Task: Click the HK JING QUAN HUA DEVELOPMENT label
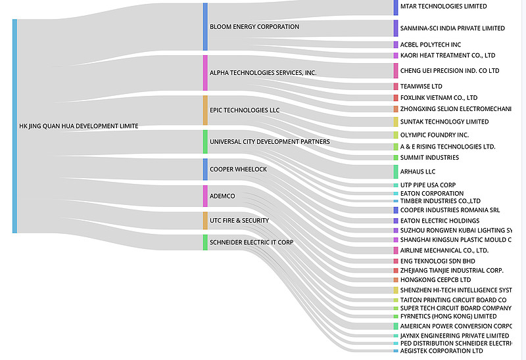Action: click(x=79, y=126)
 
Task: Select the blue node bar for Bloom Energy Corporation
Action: click(x=205, y=27)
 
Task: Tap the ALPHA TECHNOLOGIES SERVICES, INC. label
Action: click(x=262, y=72)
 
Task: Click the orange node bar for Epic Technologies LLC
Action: click(x=205, y=110)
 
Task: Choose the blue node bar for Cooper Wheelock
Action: click(x=205, y=169)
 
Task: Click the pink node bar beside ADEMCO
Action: click(x=205, y=196)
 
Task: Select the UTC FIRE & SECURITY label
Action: click(x=239, y=220)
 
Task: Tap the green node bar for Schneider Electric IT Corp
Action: click(x=205, y=242)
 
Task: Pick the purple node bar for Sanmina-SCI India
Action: click(x=396, y=28)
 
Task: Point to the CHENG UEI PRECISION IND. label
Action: click(x=450, y=70)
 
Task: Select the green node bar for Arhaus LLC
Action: click(x=396, y=171)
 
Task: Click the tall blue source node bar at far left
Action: click(x=14, y=126)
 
